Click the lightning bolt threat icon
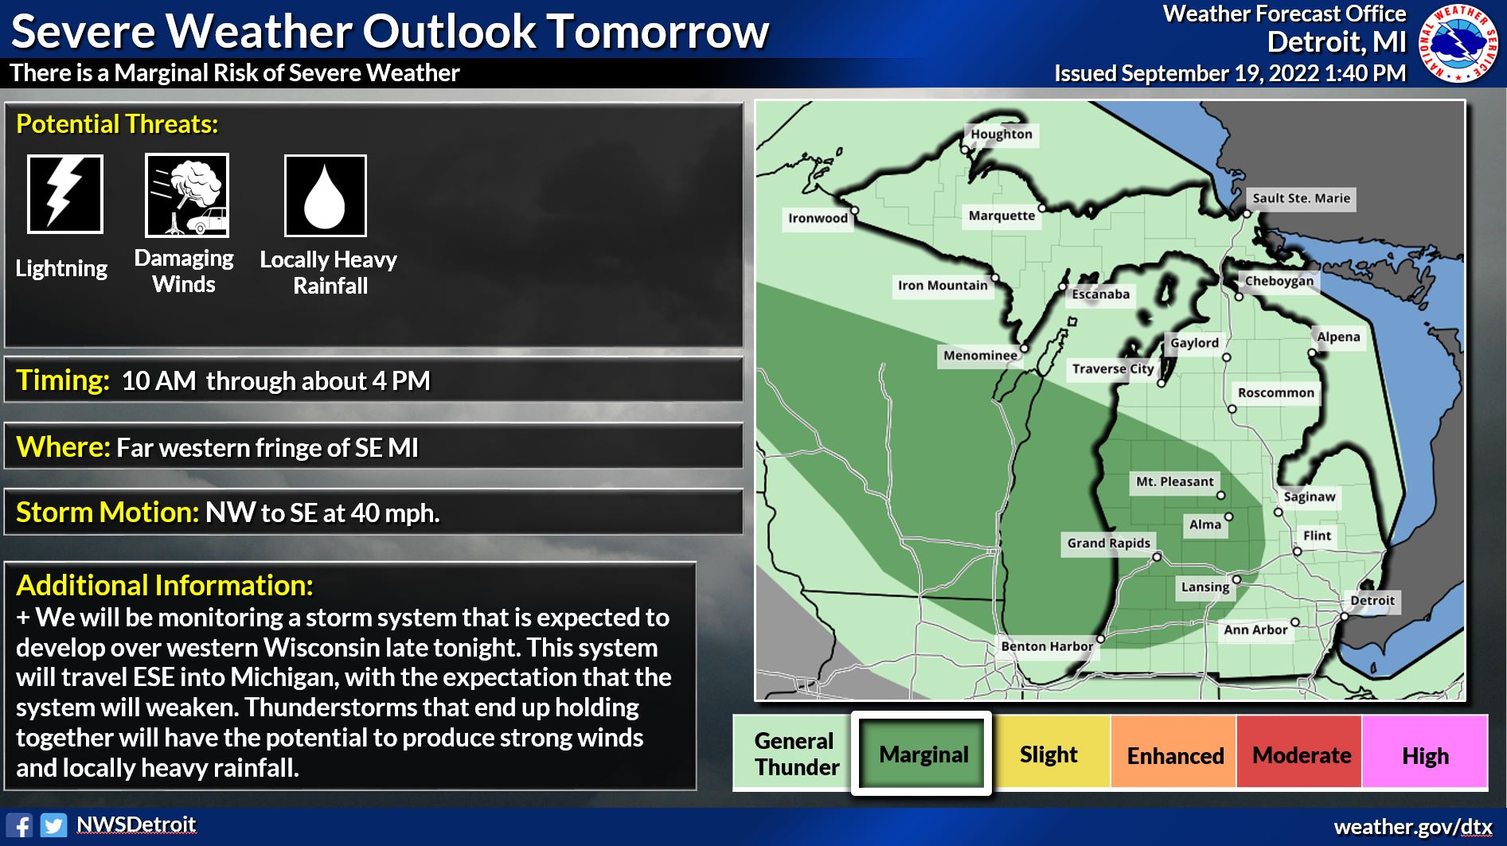(x=65, y=194)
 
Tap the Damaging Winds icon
(x=187, y=196)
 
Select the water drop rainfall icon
(x=326, y=196)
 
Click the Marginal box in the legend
(x=922, y=754)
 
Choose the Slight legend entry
(x=1048, y=754)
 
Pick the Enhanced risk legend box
(x=1174, y=754)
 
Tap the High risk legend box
(x=1425, y=754)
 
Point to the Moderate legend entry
(x=1301, y=754)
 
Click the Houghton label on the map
(x=1001, y=134)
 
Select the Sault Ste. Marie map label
(x=1301, y=198)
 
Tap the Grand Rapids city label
(x=1108, y=543)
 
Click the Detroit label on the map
(x=1372, y=600)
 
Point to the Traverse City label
(x=1112, y=368)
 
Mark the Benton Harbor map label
(x=1047, y=646)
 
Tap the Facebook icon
(x=19, y=825)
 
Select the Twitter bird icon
(x=54, y=825)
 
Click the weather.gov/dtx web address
(x=1412, y=827)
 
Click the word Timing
(x=63, y=380)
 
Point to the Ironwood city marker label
(x=818, y=218)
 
